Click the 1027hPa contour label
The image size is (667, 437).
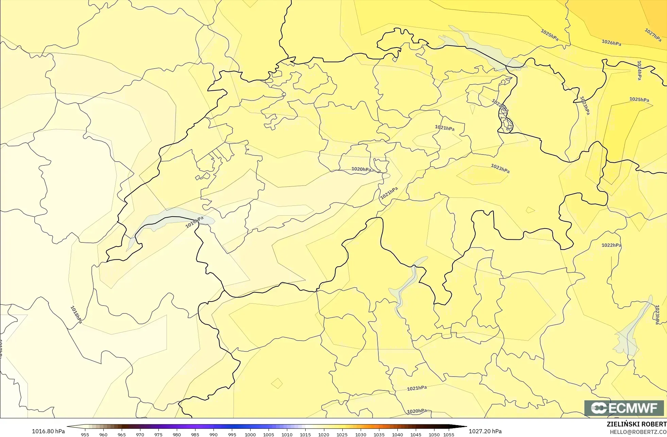(653, 35)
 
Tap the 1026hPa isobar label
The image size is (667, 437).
(611, 43)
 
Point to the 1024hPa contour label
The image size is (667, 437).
(639, 70)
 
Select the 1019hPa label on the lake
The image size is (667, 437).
(194, 222)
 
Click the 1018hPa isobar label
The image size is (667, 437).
(76, 314)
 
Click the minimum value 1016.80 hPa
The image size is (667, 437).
(48, 431)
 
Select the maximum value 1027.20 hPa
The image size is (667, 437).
(485, 431)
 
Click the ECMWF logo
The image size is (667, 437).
(624, 408)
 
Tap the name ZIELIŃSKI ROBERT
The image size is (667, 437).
(636, 424)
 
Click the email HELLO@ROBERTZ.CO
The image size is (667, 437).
(638, 432)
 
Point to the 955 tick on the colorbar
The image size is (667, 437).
(85, 434)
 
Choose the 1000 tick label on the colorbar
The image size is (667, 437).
(250, 434)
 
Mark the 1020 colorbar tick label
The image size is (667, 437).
(324, 434)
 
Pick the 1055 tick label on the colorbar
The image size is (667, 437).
(449, 434)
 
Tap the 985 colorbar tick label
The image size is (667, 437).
(195, 434)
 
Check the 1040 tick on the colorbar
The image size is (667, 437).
(397, 434)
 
